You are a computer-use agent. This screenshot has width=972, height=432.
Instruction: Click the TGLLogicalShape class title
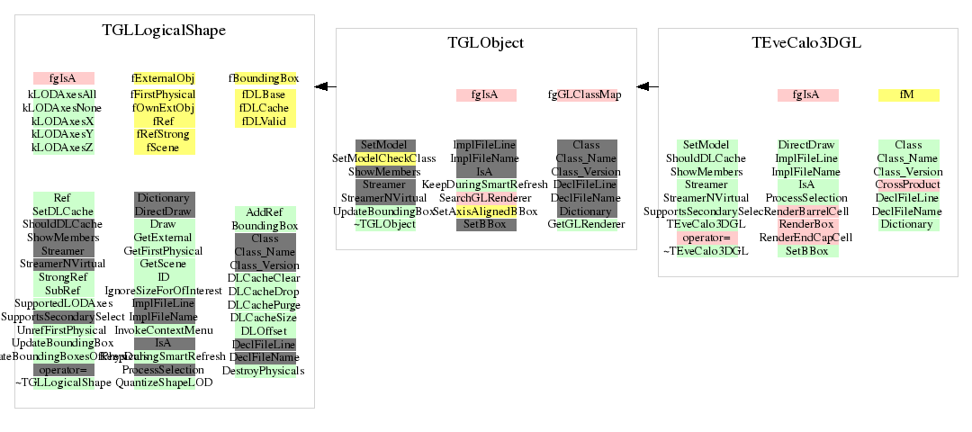[164, 30]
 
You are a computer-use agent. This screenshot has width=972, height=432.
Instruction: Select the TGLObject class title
[486, 42]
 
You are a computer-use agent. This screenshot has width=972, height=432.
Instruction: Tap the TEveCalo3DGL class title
[806, 42]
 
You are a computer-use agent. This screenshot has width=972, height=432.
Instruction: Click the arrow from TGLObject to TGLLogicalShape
[325, 86]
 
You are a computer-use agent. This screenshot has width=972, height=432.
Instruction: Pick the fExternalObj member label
[164, 78]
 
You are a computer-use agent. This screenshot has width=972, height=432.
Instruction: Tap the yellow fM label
[908, 94]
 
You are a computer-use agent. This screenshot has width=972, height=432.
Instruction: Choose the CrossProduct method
[908, 184]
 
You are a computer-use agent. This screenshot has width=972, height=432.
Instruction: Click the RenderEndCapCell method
[805, 238]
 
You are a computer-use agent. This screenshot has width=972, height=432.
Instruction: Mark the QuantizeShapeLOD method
[164, 382]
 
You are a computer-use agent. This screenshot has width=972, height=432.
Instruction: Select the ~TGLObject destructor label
[385, 224]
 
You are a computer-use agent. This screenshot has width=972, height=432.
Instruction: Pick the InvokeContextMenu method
[164, 330]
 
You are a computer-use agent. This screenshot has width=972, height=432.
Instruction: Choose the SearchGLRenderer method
[486, 198]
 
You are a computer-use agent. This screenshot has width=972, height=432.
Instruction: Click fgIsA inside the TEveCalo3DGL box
[807, 94]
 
